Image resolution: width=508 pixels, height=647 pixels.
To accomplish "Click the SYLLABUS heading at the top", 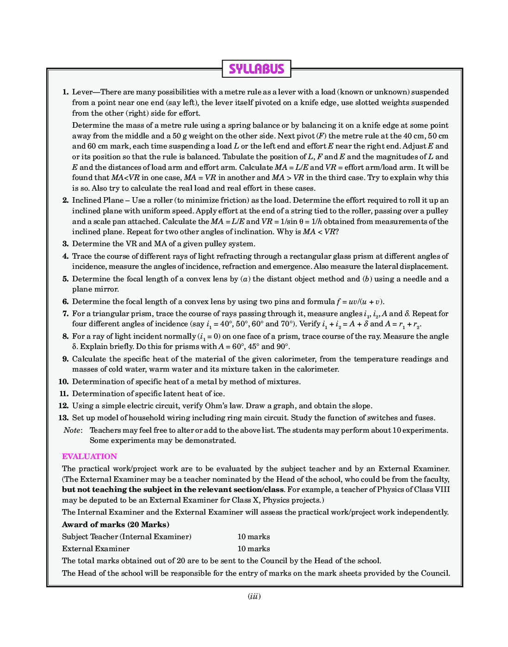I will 256,69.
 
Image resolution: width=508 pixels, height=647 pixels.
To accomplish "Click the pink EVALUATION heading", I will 89,456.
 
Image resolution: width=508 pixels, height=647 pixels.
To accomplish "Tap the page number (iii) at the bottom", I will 254,596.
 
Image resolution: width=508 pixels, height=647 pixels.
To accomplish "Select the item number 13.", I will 64,418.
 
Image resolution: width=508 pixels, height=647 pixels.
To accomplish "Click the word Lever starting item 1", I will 82,92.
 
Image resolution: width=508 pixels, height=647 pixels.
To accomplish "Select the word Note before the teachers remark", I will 72,430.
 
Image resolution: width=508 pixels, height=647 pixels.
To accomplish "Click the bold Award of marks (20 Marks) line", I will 116,524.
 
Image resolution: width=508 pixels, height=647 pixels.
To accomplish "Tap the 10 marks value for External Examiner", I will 254,549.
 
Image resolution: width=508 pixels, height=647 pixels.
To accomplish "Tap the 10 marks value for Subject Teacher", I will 254,537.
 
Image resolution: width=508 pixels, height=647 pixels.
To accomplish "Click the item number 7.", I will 65,314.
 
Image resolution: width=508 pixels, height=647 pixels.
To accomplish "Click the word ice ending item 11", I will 218,394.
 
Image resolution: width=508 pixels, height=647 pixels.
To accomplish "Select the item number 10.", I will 64,382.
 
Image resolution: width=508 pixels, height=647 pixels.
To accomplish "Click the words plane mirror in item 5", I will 95,289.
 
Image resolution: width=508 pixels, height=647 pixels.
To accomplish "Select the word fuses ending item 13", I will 425,418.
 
